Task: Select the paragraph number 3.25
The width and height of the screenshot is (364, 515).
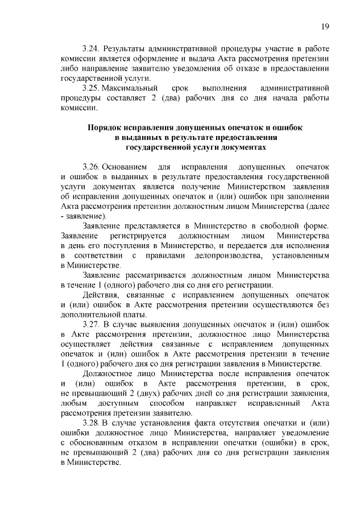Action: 91,88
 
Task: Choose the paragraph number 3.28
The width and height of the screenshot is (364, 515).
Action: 91,423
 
